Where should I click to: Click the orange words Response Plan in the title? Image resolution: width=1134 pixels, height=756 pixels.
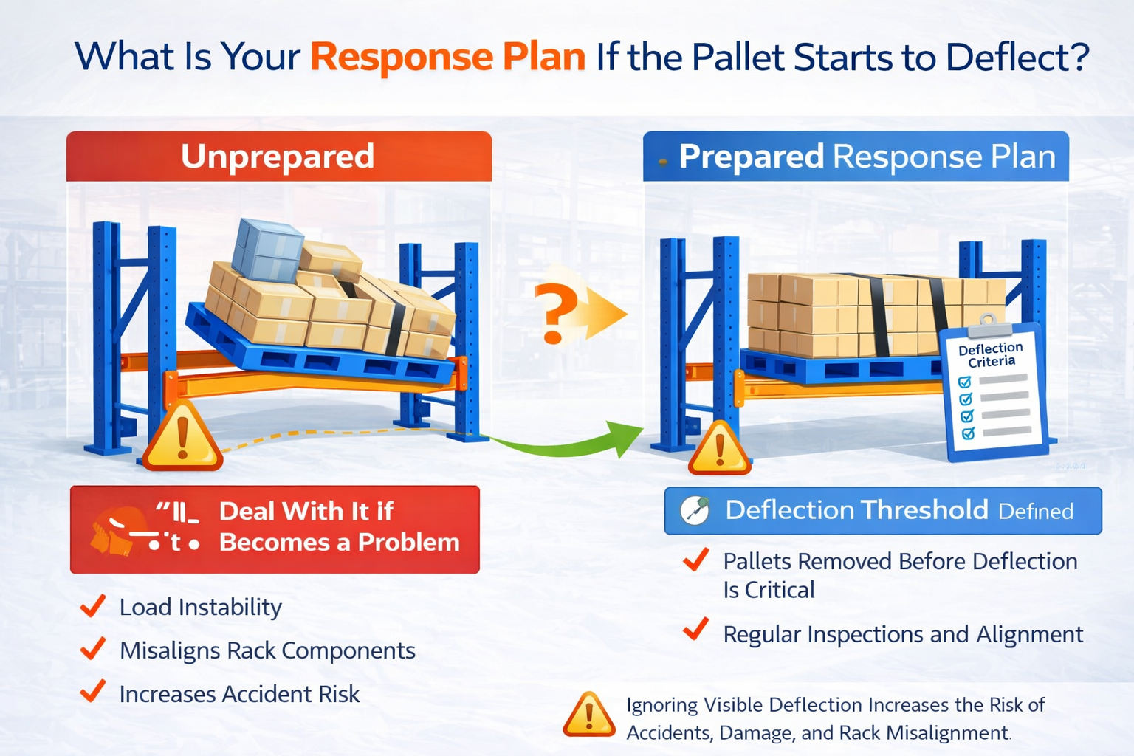[x=447, y=58]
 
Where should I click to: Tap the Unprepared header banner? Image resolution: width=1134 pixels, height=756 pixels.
[x=278, y=157]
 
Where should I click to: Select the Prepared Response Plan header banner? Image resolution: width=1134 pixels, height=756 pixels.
[x=856, y=157]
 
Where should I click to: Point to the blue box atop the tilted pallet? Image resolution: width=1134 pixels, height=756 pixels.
[x=267, y=250]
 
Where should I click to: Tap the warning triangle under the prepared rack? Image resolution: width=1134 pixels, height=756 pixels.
[x=719, y=450]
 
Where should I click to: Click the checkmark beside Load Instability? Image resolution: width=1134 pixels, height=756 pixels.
[x=93, y=606]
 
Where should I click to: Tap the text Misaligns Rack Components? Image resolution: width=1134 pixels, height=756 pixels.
[x=267, y=650]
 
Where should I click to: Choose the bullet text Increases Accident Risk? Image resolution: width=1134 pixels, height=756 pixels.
[x=239, y=694]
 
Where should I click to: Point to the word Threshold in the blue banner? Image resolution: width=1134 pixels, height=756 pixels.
[x=924, y=510]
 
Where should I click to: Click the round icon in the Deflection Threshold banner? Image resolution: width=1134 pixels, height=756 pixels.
[x=694, y=510]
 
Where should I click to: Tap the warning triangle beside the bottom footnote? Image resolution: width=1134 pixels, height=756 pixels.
[x=588, y=715]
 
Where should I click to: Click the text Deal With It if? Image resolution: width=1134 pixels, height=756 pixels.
[x=306, y=511]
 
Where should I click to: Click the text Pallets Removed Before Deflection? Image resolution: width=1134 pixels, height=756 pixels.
[x=899, y=561]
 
